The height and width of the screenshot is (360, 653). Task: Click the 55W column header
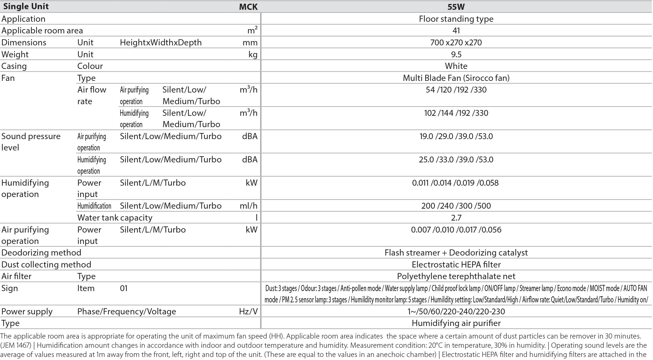[x=456, y=6]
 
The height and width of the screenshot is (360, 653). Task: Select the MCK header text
[x=248, y=7]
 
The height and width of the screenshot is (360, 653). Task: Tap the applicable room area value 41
[x=456, y=31]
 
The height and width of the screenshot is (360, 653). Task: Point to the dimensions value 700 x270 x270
[x=456, y=42]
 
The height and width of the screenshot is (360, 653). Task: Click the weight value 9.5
[x=456, y=54]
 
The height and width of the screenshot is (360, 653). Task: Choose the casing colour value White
[x=456, y=66]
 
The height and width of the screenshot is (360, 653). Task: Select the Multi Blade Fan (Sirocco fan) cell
[x=456, y=78]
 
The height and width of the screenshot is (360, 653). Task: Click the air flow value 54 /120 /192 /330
[x=456, y=90]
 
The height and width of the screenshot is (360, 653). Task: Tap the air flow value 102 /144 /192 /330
[x=456, y=113]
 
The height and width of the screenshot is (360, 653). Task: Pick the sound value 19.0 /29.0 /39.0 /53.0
[x=456, y=136]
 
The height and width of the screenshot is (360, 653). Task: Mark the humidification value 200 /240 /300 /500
[x=456, y=206]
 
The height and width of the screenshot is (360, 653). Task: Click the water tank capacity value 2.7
[x=456, y=218]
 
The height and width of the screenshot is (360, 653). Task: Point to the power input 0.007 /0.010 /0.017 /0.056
[x=456, y=230]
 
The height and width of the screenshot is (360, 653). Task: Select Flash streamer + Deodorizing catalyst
[x=456, y=253]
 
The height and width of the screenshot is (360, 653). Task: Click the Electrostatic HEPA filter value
[x=456, y=265]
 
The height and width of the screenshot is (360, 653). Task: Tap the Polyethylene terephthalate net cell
[x=456, y=276]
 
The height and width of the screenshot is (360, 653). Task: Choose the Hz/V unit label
[x=248, y=312]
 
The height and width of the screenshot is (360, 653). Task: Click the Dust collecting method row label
[x=46, y=265]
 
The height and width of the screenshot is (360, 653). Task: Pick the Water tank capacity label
[x=115, y=218]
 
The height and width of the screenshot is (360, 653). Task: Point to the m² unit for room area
[x=252, y=30]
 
